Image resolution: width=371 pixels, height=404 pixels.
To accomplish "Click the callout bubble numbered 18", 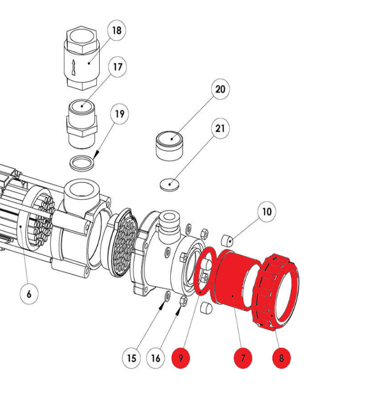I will pyautogui.click(x=117, y=30).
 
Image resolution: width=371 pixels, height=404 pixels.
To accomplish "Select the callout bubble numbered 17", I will pyautogui.click(x=117, y=67).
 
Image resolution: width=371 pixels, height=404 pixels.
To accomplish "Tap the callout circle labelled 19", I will pyautogui.click(x=119, y=114).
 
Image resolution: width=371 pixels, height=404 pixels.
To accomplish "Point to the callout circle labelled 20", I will pyautogui.click(x=220, y=89).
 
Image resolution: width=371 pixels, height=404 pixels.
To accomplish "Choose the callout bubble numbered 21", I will pyautogui.click(x=220, y=128).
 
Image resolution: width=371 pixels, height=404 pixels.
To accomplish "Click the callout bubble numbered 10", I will pyautogui.click(x=267, y=212).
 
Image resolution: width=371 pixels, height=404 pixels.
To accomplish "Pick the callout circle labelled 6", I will pyautogui.click(x=29, y=293).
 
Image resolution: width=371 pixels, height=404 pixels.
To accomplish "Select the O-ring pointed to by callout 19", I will pyautogui.click(x=83, y=163).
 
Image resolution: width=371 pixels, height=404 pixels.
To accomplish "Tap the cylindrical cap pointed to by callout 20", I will pyautogui.click(x=169, y=147).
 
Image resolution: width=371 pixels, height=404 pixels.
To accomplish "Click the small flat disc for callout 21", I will pyautogui.click(x=169, y=184).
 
